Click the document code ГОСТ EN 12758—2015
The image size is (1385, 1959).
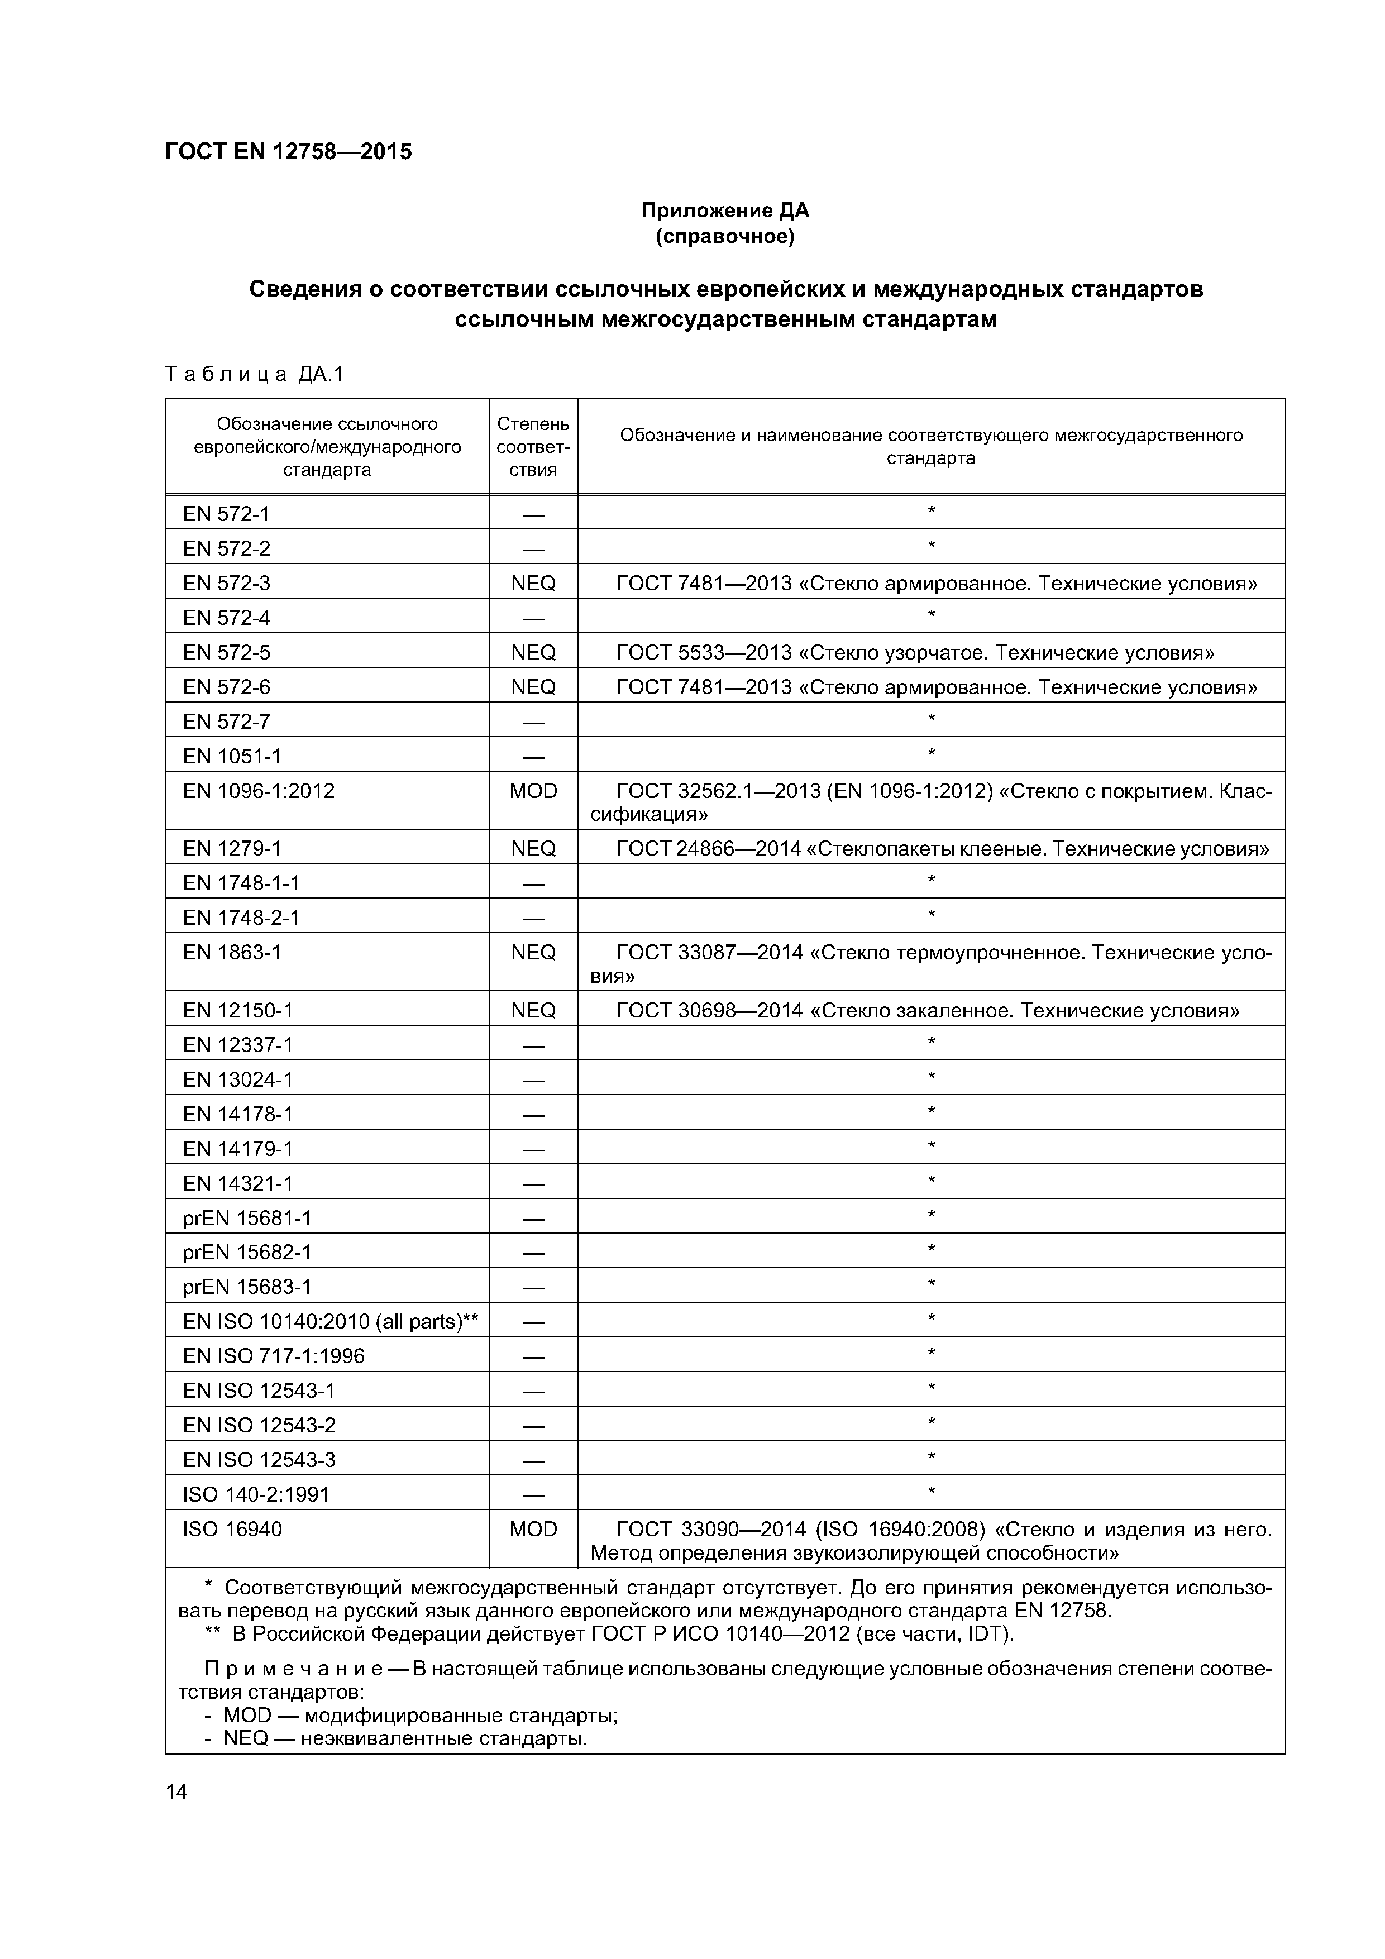click(x=288, y=152)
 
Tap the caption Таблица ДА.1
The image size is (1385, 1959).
click(x=254, y=374)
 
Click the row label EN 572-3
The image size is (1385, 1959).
click(x=226, y=583)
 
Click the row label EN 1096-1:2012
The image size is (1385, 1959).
click(x=259, y=790)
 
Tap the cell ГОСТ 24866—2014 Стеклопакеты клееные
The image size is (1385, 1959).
click(x=942, y=848)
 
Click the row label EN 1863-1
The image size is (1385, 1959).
click(x=231, y=952)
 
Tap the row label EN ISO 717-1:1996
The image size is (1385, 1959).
click(x=273, y=1356)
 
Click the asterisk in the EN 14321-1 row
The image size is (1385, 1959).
click(x=931, y=1181)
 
